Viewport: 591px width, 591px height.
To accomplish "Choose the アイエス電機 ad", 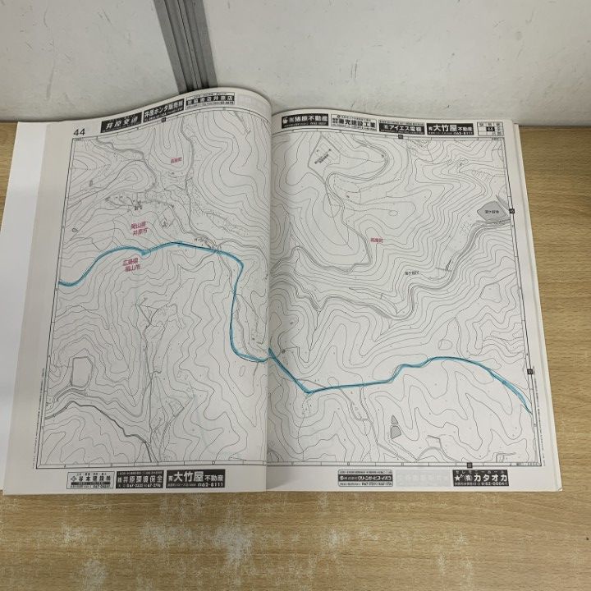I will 405,129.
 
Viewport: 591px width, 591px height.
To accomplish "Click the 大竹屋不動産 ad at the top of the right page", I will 460,127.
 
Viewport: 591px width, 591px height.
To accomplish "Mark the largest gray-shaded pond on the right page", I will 489,208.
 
